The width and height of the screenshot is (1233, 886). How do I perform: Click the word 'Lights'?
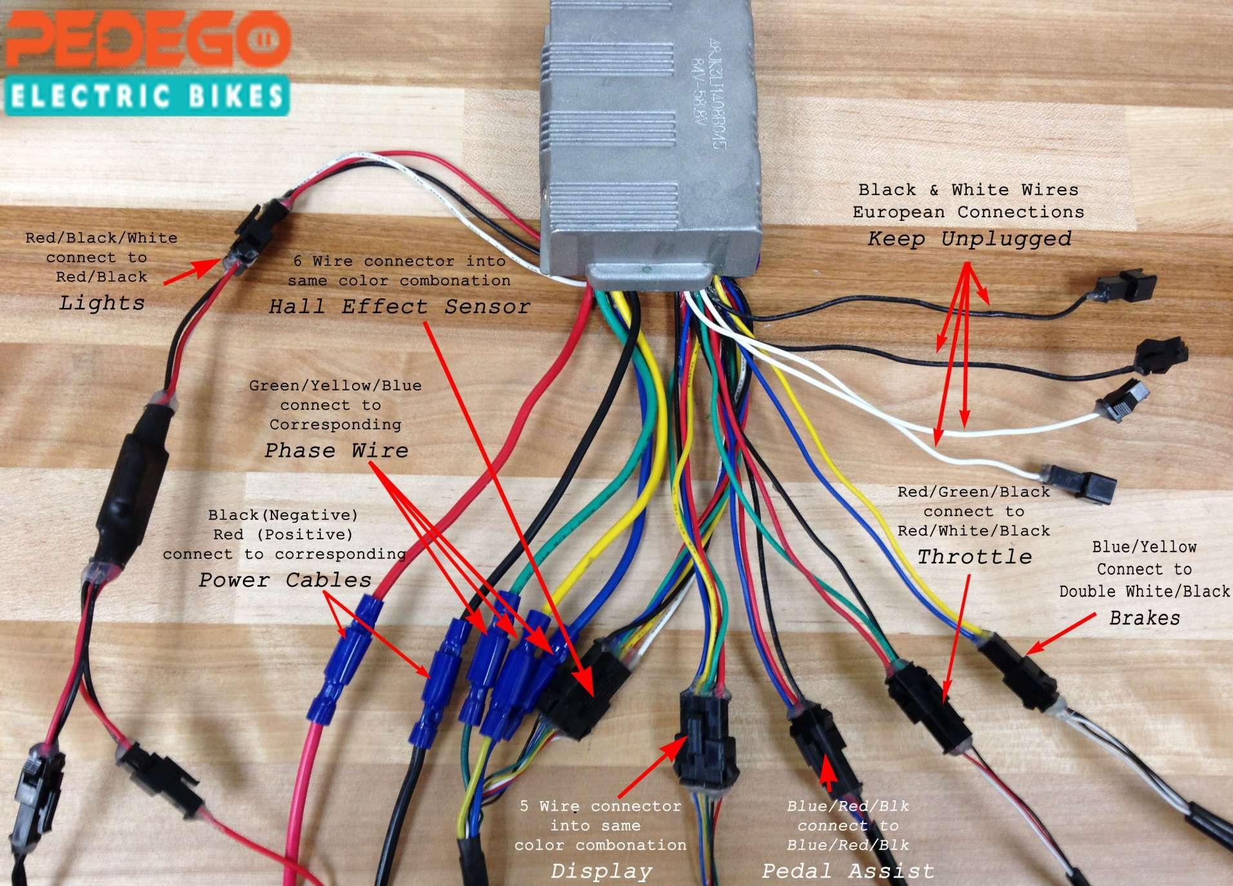pyautogui.click(x=102, y=302)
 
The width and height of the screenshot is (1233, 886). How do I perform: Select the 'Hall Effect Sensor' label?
pyautogui.click(x=399, y=306)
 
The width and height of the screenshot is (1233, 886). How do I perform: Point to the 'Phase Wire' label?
pyautogui.click(x=336, y=450)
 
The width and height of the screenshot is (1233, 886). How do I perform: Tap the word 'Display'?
pyautogui.click(x=601, y=871)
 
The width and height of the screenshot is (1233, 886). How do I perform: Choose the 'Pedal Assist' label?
pyautogui.click(x=847, y=871)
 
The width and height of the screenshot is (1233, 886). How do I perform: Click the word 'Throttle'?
pyautogui.click(x=974, y=556)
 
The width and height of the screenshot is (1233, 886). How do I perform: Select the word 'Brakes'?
pyautogui.click(x=1144, y=618)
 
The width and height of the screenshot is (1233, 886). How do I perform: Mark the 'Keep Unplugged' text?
pyautogui.click(x=969, y=238)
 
